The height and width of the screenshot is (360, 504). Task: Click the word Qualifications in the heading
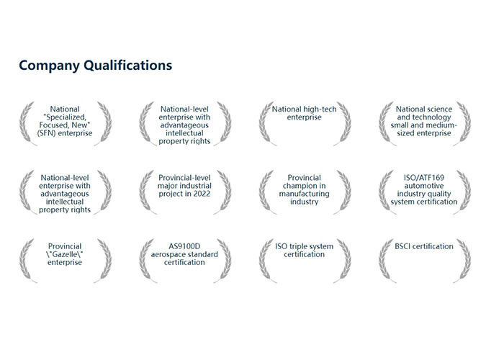pos(128,66)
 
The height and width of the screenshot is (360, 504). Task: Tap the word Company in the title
pos(49,66)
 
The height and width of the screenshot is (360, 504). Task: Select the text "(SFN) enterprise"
pos(65,133)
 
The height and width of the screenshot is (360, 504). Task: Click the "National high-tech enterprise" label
pos(304,113)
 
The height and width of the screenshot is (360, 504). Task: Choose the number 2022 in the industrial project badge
pos(200,194)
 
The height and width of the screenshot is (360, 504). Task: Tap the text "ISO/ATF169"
pos(423,178)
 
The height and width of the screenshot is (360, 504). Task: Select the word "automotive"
pos(423,186)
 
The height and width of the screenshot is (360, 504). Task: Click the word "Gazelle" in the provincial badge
pos(65,254)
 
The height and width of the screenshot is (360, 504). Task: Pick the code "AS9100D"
pos(184,246)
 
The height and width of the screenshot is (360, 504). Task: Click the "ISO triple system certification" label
pos(304,251)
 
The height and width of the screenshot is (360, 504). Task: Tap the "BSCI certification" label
pos(423,246)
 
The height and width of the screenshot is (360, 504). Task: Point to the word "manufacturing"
pos(304,194)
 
